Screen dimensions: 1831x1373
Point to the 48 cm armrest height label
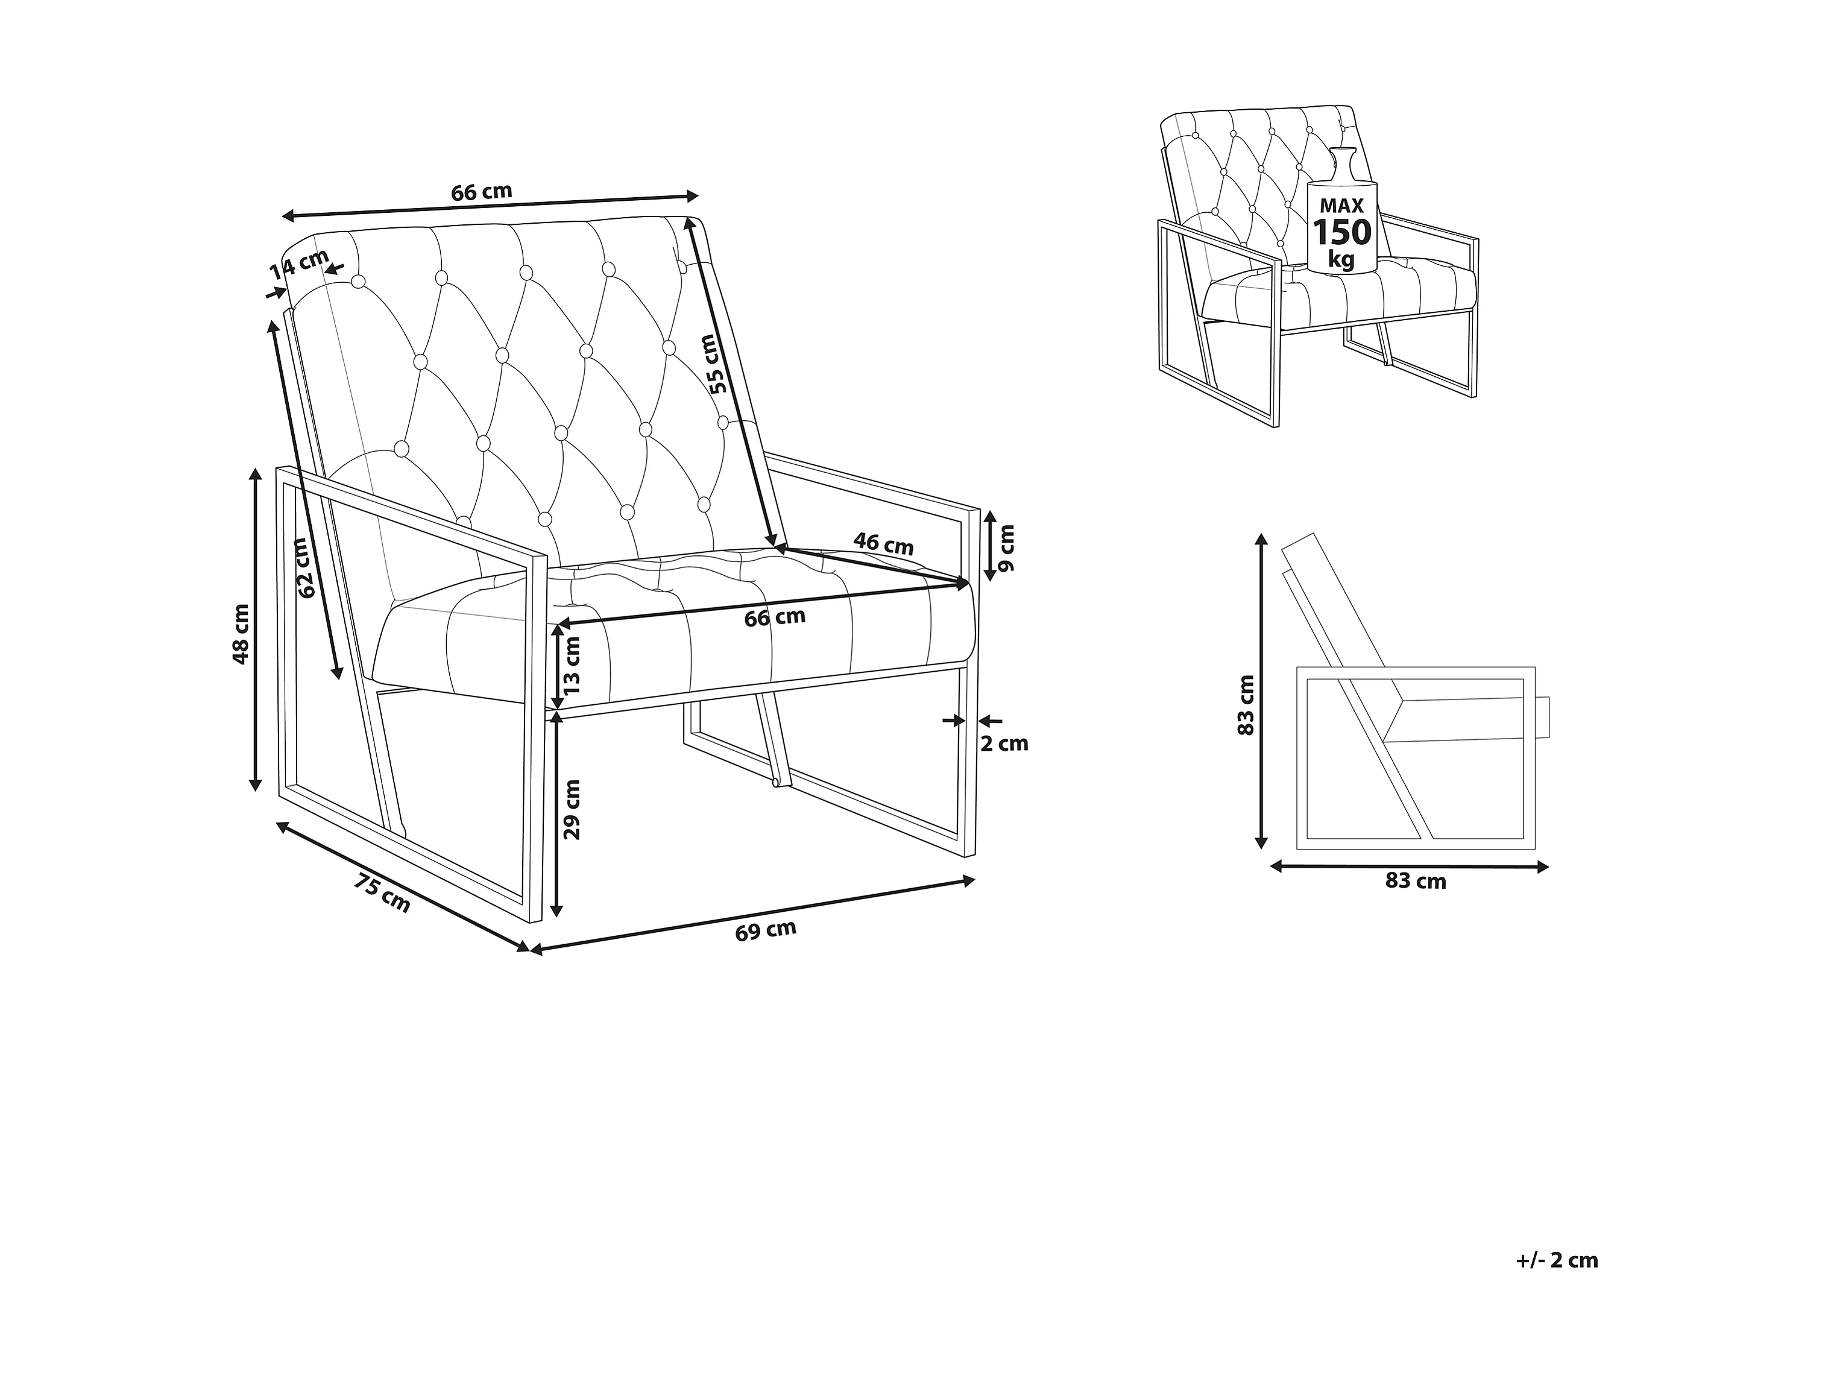[x=241, y=634]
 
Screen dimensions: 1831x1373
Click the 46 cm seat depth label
[x=883, y=544]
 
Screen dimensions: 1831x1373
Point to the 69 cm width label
[x=766, y=930]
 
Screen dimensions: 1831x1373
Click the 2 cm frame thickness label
[x=1004, y=743]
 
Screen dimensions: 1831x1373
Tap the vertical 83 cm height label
[x=1246, y=705]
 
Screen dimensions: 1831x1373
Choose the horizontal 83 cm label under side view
[x=1416, y=881]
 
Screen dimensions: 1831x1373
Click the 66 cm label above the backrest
[x=482, y=192]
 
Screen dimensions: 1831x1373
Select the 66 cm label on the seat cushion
[x=775, y=617]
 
